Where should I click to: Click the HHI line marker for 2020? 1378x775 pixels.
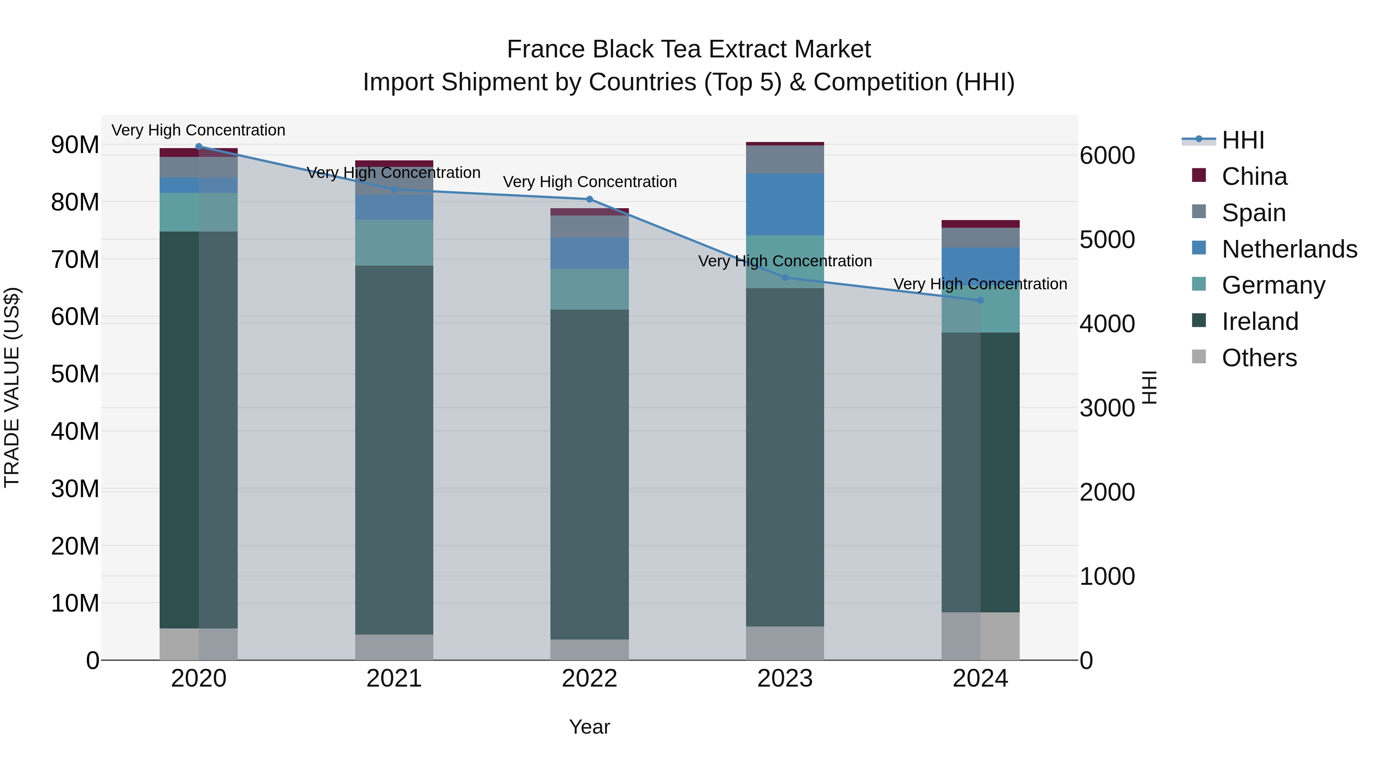198,147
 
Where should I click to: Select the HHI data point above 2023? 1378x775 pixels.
785,277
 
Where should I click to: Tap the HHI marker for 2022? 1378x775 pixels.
589,199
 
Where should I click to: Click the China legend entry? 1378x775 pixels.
1254,176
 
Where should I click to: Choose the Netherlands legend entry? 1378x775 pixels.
1289,249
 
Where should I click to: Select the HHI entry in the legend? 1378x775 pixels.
1242,140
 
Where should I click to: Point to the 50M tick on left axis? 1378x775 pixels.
75,374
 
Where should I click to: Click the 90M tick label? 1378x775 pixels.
75,145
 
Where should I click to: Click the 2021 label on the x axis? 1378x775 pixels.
394,679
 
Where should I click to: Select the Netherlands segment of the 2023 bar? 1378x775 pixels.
785,204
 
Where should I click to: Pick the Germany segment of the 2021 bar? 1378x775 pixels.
394,242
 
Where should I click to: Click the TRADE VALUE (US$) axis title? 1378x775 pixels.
12,387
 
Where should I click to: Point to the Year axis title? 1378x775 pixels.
589,727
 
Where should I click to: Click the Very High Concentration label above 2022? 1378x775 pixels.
589,182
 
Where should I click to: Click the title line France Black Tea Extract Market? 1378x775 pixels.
689,49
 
